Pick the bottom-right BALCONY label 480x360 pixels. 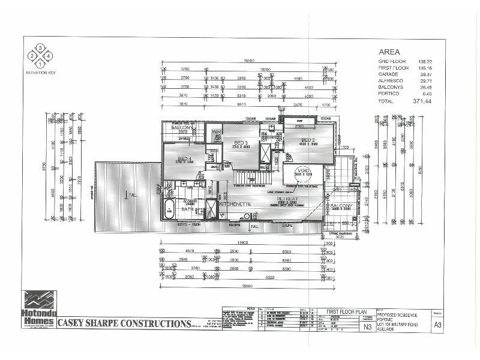tap(341, 206)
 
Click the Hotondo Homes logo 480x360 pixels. tap(38, 311)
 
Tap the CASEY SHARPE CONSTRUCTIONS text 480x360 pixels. tap(124, 324)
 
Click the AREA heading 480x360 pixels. tap(388, 52)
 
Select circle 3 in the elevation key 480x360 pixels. tap(40, 47)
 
